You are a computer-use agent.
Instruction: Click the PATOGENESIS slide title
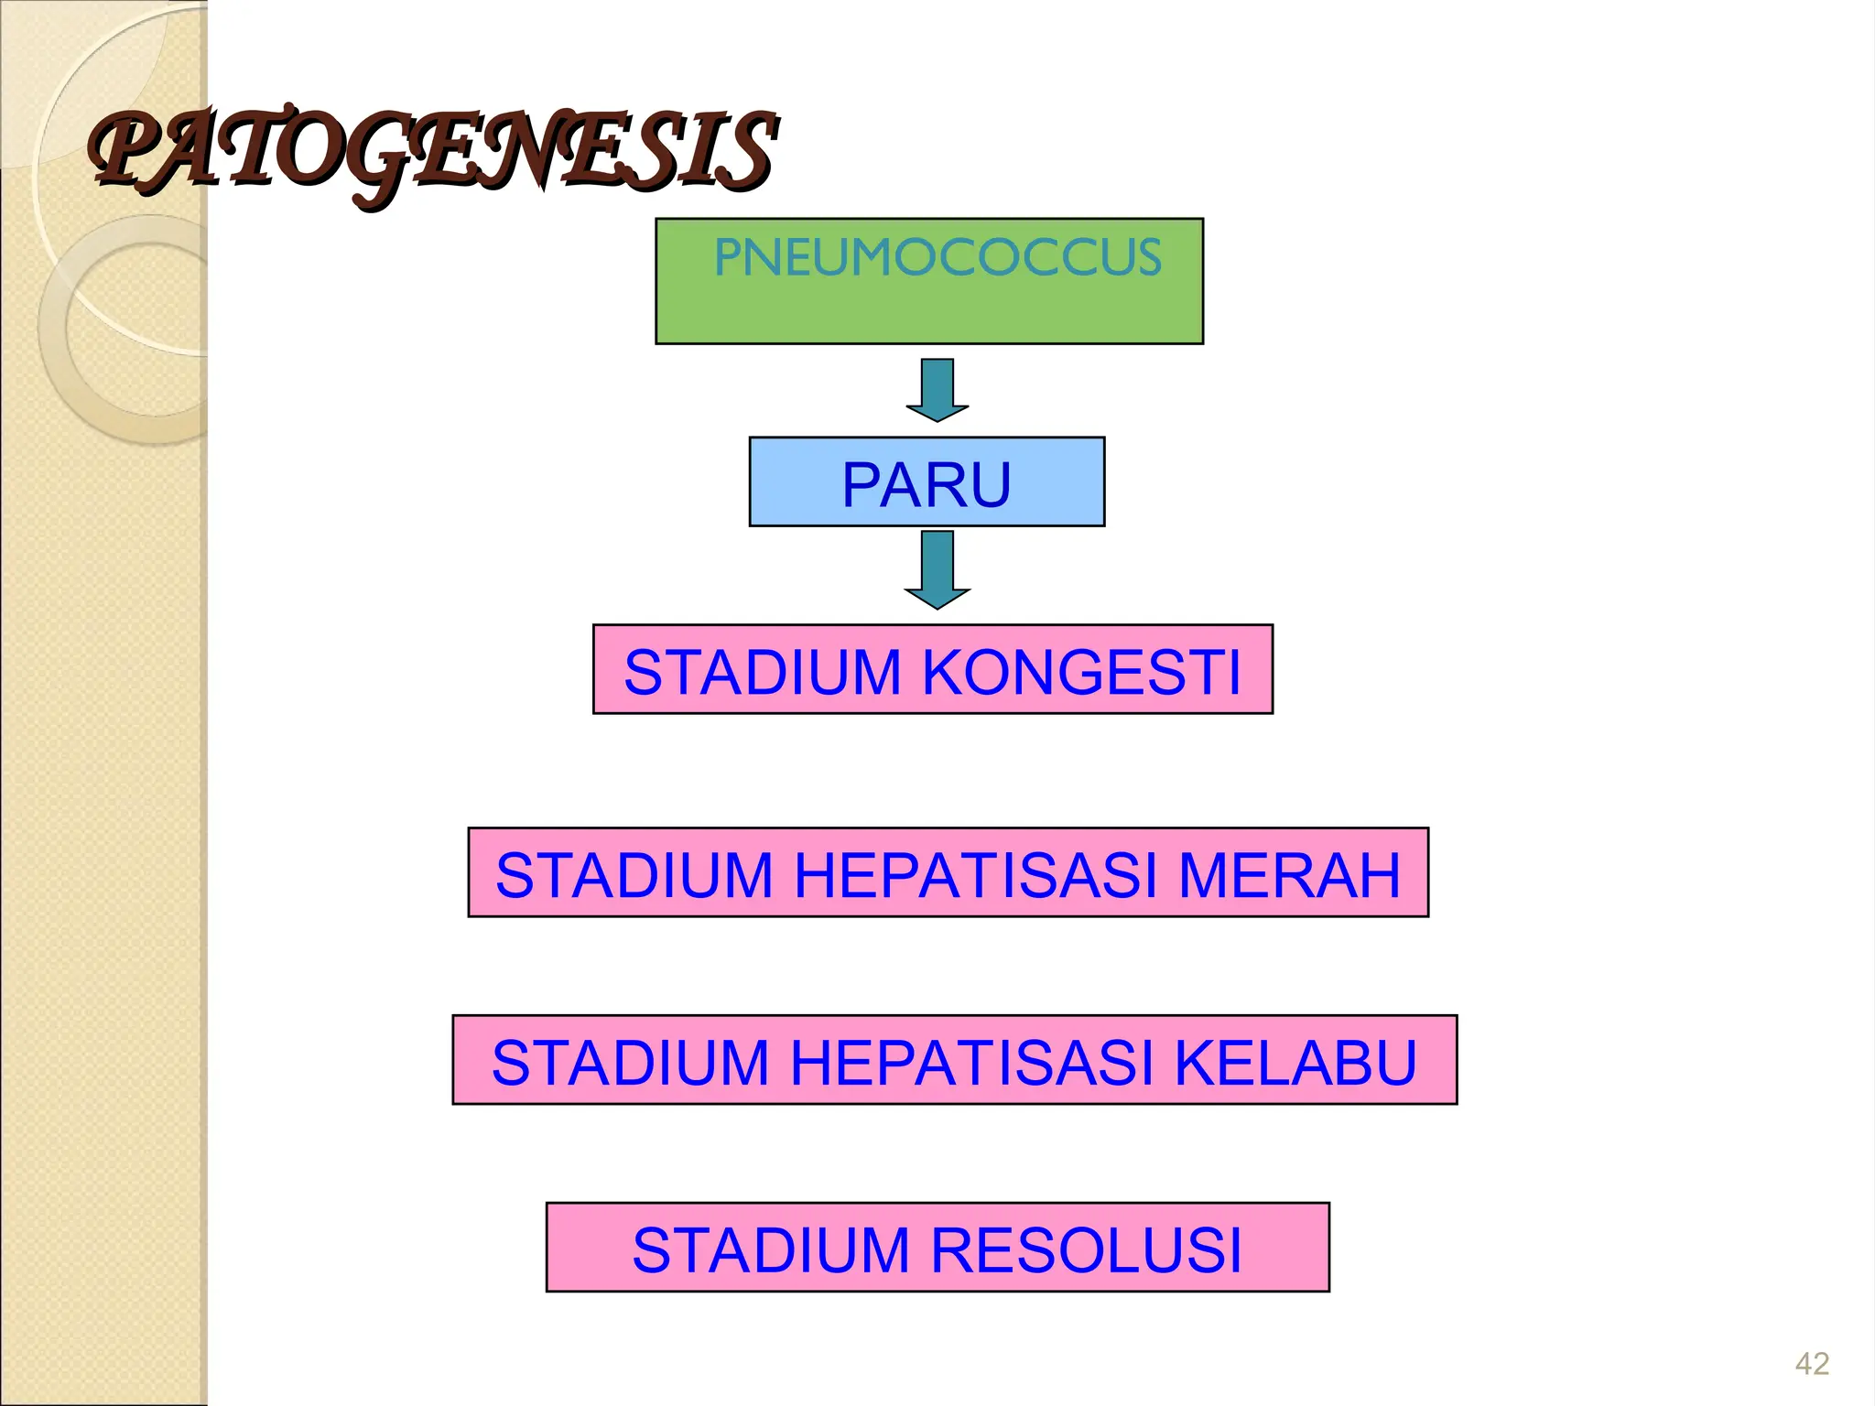point(432,151)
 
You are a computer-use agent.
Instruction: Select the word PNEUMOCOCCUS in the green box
point(937,257)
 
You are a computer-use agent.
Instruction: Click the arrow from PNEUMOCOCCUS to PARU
point(937,388)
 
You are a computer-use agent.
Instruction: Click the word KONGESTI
point(1081,672)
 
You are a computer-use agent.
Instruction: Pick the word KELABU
point(1295,1063)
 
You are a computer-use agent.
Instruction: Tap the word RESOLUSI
point(1087,1250)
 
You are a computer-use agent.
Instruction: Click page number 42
point(1812,1364)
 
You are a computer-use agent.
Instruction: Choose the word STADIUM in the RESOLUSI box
point(771,1250)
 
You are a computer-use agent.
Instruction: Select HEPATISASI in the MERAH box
point(977,875)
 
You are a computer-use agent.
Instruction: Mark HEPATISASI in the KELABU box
point(972,1063)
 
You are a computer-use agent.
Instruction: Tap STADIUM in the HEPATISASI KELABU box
point(631,1063)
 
